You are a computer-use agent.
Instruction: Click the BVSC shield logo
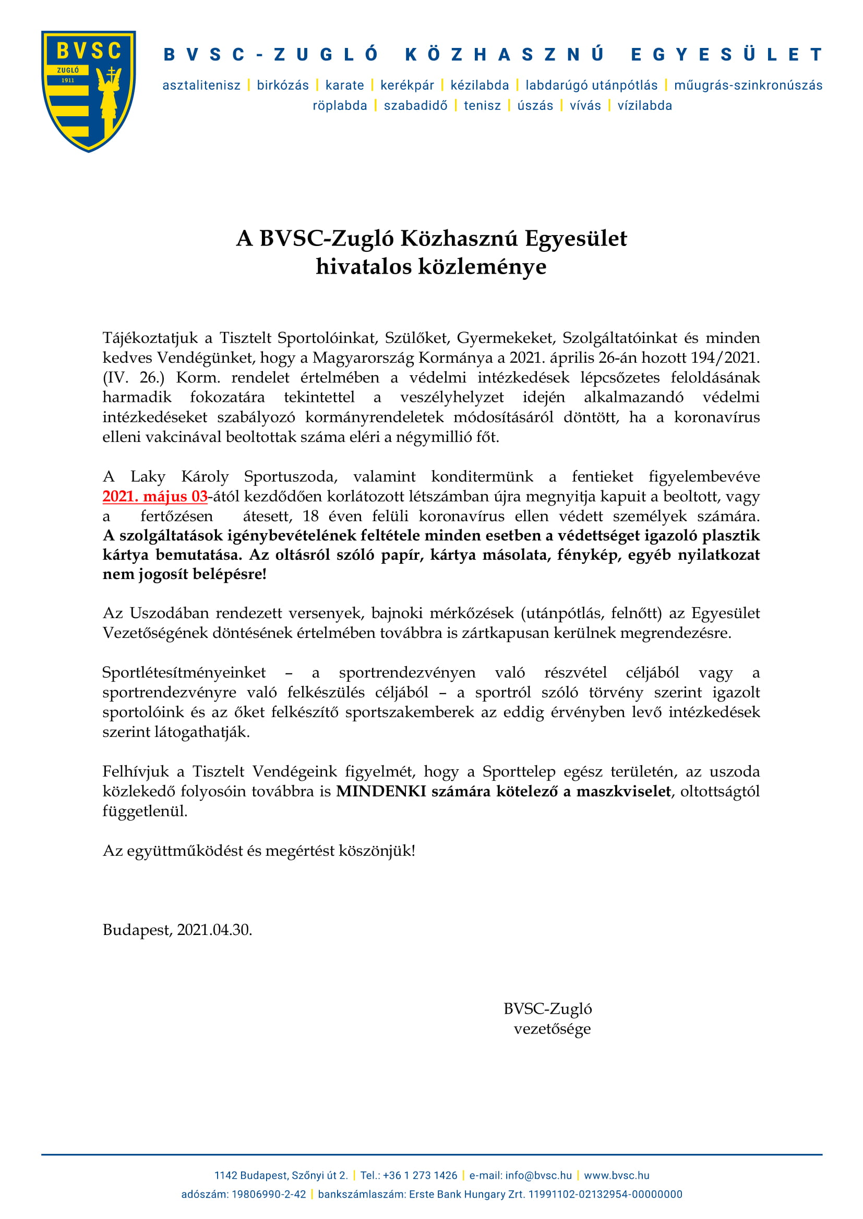click(x=89, y=91)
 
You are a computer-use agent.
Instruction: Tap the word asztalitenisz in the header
click(x=201, y=85)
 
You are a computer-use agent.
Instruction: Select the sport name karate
click(x=344, y=85)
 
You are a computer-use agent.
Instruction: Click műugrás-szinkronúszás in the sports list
click(x=748, y=85)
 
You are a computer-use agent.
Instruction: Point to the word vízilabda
click(x=644, y=106)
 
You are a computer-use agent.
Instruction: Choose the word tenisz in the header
click(x=482, y=106)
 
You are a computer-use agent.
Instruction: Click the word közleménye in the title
click(x=482, y=266)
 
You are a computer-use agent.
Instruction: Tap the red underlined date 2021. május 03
click(x=154, y=497)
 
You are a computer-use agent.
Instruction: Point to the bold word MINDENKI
click(x=381, y=792)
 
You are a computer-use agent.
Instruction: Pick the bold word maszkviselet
click(x=624, y=792)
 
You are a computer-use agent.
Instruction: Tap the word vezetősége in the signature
click(x=552, y=1029)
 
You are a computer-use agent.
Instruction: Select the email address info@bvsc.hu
click(x=538, y=1175)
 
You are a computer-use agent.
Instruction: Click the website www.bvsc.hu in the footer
click(x=616, y=1175)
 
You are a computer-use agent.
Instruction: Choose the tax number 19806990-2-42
click(x=269, y=1195)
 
